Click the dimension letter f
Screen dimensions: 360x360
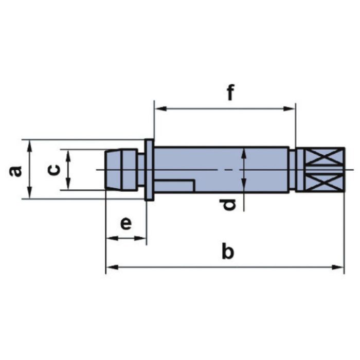[x=230, y=92]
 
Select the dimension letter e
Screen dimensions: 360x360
[x=126, y=224]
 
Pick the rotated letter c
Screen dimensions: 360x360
[x=53, y=170]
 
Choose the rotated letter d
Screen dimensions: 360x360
[x=227, y=205]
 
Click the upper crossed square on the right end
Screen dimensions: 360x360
[x=323, y=156]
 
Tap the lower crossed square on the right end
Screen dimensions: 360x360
[x=323, y=182]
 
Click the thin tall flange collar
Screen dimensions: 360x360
[x=149, y=170]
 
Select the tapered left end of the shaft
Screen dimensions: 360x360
[x=114, y=169]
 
